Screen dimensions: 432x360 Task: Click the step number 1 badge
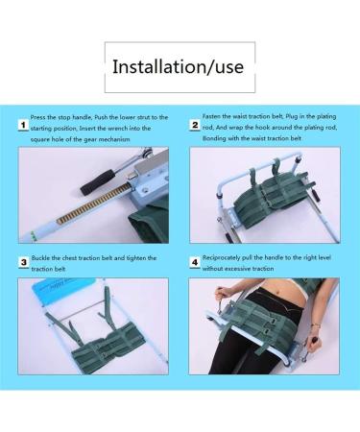point(22,127)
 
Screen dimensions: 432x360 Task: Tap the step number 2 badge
point(195,126)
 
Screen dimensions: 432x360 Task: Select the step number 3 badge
point(22,262)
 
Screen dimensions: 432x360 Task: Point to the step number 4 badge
point(195,261)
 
